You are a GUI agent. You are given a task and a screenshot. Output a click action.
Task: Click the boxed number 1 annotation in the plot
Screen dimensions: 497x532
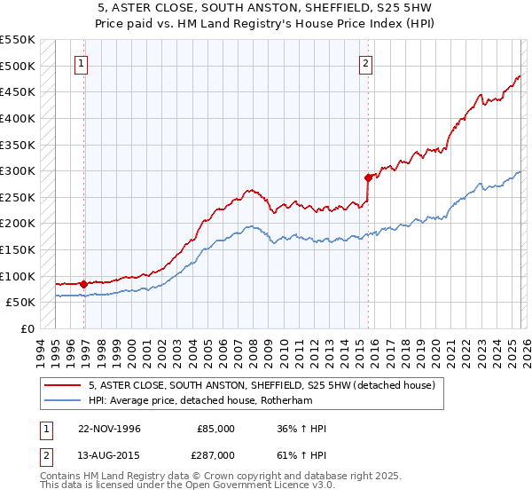coord(81,63)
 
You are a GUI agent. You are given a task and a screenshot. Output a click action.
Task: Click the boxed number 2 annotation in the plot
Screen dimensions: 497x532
coord(365,63)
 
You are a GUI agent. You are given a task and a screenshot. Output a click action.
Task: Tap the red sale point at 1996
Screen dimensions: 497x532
coord(83,284)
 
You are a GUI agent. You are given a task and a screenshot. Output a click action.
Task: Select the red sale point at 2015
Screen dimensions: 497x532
coord(367,177)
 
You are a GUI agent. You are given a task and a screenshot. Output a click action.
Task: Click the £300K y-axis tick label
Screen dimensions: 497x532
coord(17,171)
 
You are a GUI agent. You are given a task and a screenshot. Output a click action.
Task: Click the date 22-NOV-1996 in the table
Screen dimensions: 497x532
coord(109,429)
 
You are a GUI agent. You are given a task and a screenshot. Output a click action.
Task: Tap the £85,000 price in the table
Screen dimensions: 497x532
coord(215,429)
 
